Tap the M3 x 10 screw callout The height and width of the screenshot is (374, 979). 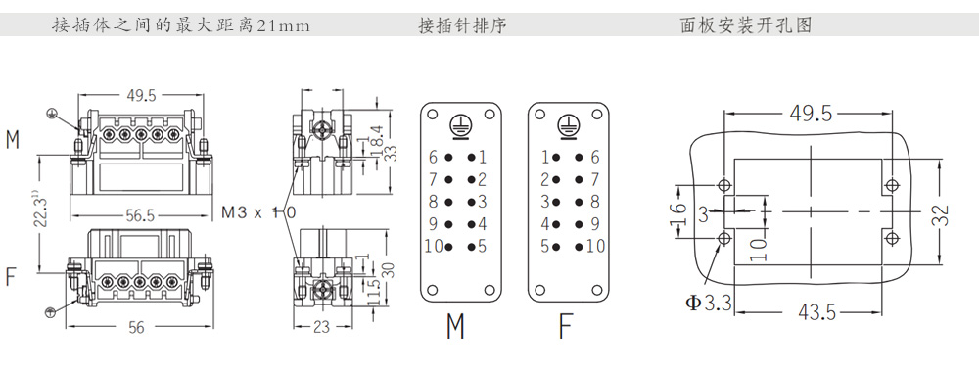click(x=258, y=212)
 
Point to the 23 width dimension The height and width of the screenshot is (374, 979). click(x=321, y=327)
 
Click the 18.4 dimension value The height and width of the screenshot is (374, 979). click(x=377, y=139)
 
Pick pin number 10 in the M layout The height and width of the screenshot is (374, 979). click(x=434, y=246)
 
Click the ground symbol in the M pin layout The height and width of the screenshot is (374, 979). click(x=460, y=125)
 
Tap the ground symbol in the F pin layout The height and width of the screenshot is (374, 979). click(x=568, y=125)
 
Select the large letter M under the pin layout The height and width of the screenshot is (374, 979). click(x=456, y=326)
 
